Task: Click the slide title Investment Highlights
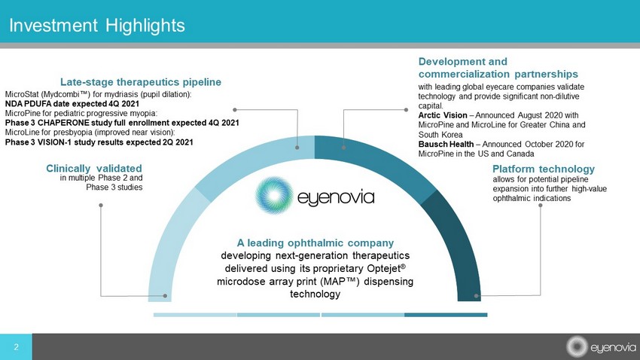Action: [x=97, y=26]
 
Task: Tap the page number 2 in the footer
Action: [x=17, y=347]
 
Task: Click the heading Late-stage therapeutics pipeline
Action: [x=141, y=82]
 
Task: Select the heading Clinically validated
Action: [x=94, y=168]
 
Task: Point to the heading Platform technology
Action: [x=544, y=169]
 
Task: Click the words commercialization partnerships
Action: [x=498, y=74]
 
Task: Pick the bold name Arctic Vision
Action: [x=443, y=115]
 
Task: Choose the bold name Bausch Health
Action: [x=446, y=144]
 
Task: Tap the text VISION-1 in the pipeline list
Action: [x=54, y=142]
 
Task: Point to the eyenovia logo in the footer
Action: [x=601, y=347]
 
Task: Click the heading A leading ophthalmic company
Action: [x=315, y=243]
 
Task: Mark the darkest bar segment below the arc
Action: [x=446, y=315]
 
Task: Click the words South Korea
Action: [x=440, y=135]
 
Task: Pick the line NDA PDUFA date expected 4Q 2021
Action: [x=72, y=104]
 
